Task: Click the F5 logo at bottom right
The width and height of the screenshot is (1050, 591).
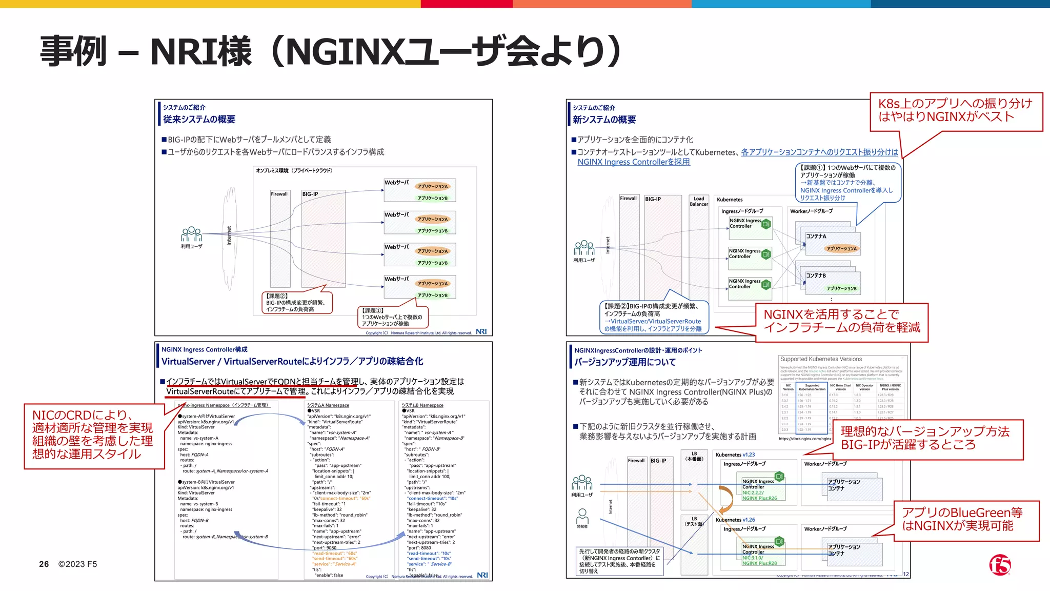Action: [1000, 565]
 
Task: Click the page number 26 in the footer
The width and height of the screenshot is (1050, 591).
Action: [44, 564]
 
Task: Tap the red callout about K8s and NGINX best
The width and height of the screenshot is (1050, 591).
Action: [956, 110]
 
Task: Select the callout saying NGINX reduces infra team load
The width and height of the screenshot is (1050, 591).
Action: [842, 321]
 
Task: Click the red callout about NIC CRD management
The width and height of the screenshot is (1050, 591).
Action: [94, 435]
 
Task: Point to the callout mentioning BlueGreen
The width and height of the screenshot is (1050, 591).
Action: [966, 520]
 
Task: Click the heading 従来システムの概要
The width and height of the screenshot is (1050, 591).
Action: [199, 120]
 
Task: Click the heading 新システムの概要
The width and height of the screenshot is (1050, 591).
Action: [604, 120]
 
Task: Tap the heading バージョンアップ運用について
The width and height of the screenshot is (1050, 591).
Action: [624, 362]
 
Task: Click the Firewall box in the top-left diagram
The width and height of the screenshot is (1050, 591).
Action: [279, 194]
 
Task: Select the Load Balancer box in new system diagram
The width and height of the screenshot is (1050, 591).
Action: [699, 201]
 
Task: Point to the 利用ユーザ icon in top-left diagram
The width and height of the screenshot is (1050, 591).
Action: [191, 235]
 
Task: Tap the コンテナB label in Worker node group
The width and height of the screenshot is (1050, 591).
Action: [816, 275]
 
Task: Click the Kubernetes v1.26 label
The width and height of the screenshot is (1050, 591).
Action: [735, 520]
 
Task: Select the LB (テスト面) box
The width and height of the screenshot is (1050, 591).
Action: [694, 521]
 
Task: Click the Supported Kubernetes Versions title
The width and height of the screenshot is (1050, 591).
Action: [821, 359]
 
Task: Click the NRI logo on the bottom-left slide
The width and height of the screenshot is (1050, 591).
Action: [482, 575]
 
